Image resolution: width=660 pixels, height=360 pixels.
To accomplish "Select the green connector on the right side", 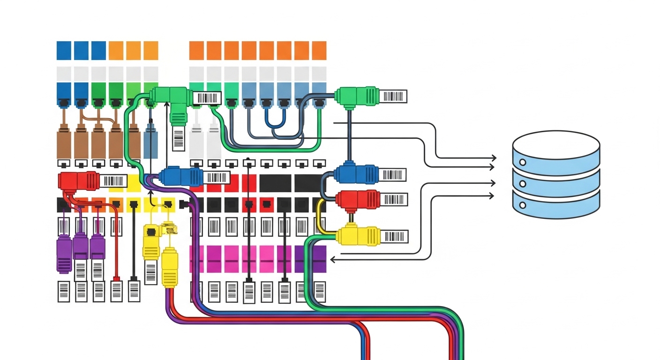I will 356,96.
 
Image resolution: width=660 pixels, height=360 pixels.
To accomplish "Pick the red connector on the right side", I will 357,199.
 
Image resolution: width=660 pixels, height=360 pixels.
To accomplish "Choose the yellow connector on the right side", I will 357,236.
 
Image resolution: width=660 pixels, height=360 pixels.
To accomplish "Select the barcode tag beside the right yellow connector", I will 395,236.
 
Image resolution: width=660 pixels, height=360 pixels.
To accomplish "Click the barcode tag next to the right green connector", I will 394,96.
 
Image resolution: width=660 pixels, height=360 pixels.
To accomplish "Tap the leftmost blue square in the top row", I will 64,51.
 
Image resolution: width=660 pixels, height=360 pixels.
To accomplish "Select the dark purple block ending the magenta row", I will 310,259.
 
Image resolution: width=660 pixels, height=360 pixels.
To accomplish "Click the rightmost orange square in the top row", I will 319,51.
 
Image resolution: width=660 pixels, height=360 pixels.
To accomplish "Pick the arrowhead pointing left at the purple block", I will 332,259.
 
